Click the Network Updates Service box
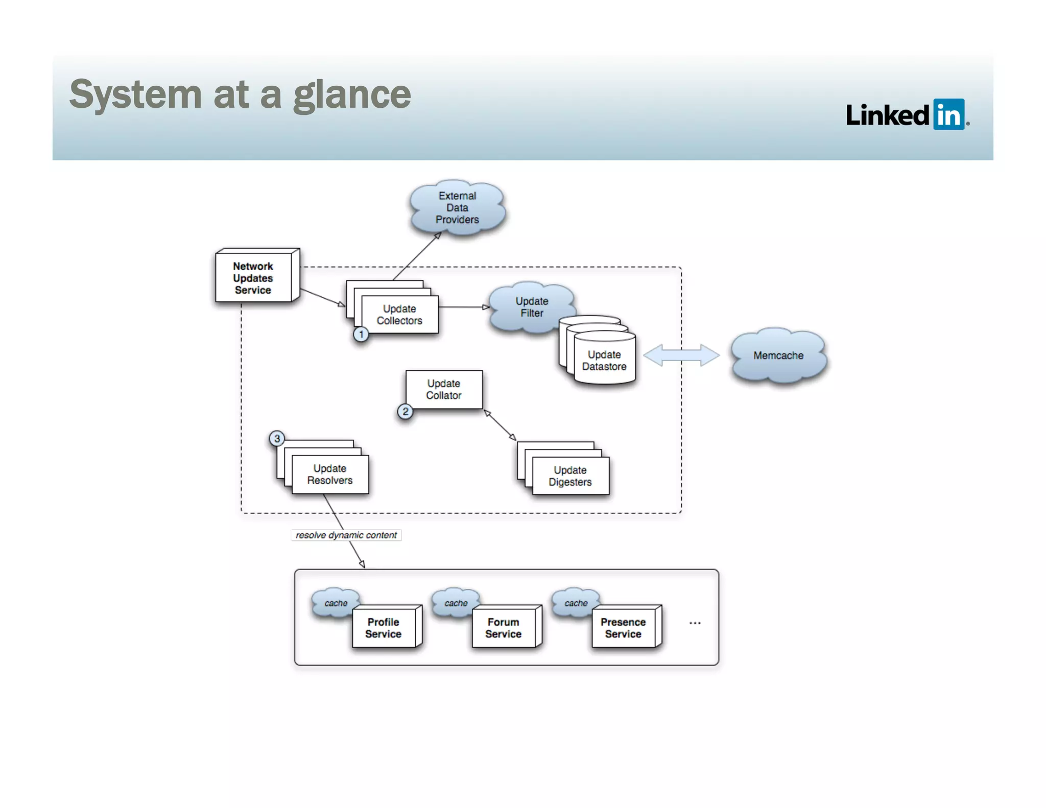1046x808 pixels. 253,278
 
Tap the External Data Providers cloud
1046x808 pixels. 457,208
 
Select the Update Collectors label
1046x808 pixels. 399,315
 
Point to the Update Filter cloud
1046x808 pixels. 531,307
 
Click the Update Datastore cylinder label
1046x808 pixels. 604,361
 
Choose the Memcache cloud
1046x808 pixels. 778,355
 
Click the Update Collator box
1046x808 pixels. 444,389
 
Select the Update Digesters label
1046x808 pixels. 570,476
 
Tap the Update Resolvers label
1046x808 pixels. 330,474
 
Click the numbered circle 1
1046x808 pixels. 361,335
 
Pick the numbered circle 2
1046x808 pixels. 405,412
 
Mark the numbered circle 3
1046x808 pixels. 277,438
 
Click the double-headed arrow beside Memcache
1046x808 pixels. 681,355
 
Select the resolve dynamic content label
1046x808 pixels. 346,535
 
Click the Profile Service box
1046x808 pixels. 384,628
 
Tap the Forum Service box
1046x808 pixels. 504,628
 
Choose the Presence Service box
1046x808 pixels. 623,628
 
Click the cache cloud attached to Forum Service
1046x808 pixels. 455,603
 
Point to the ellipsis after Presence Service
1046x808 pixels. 695,623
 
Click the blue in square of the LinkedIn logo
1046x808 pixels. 948,114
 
